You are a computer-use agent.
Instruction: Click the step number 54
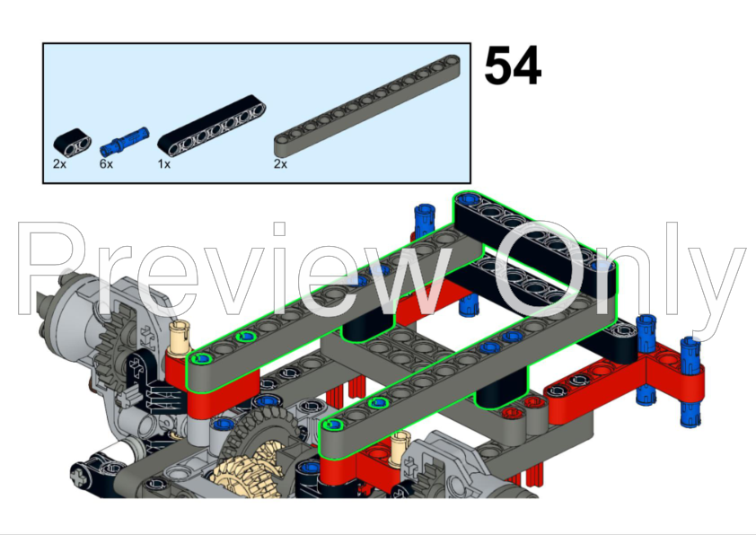click(513, 66)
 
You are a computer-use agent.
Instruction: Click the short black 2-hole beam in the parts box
click(73, 142)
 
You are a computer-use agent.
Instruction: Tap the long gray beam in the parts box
click(367, 106)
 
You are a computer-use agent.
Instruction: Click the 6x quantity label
click(106, 164)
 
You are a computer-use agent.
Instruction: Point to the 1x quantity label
click(164, 164)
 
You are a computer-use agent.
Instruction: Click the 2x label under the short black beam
click(60, 164)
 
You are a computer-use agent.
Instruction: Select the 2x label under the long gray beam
click(281, 164)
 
